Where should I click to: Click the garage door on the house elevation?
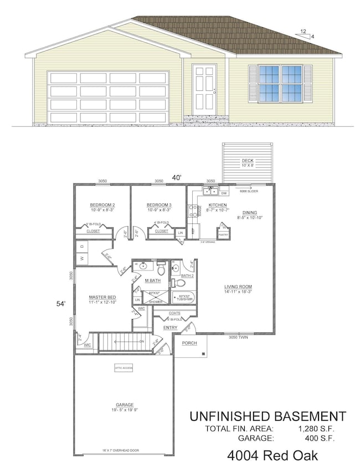click(x=109, y=96)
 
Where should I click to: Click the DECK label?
click(x=248, y=161)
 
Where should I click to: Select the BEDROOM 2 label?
click(x=102, y=205)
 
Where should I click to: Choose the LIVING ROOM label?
click(x=238, y=286)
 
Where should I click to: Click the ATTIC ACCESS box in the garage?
click(x=124, y=367)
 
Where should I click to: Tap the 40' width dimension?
click(x=176, y=178)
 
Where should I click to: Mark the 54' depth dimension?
click(x=63, y=303)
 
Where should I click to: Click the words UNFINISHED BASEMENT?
click(x=268, y=416)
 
